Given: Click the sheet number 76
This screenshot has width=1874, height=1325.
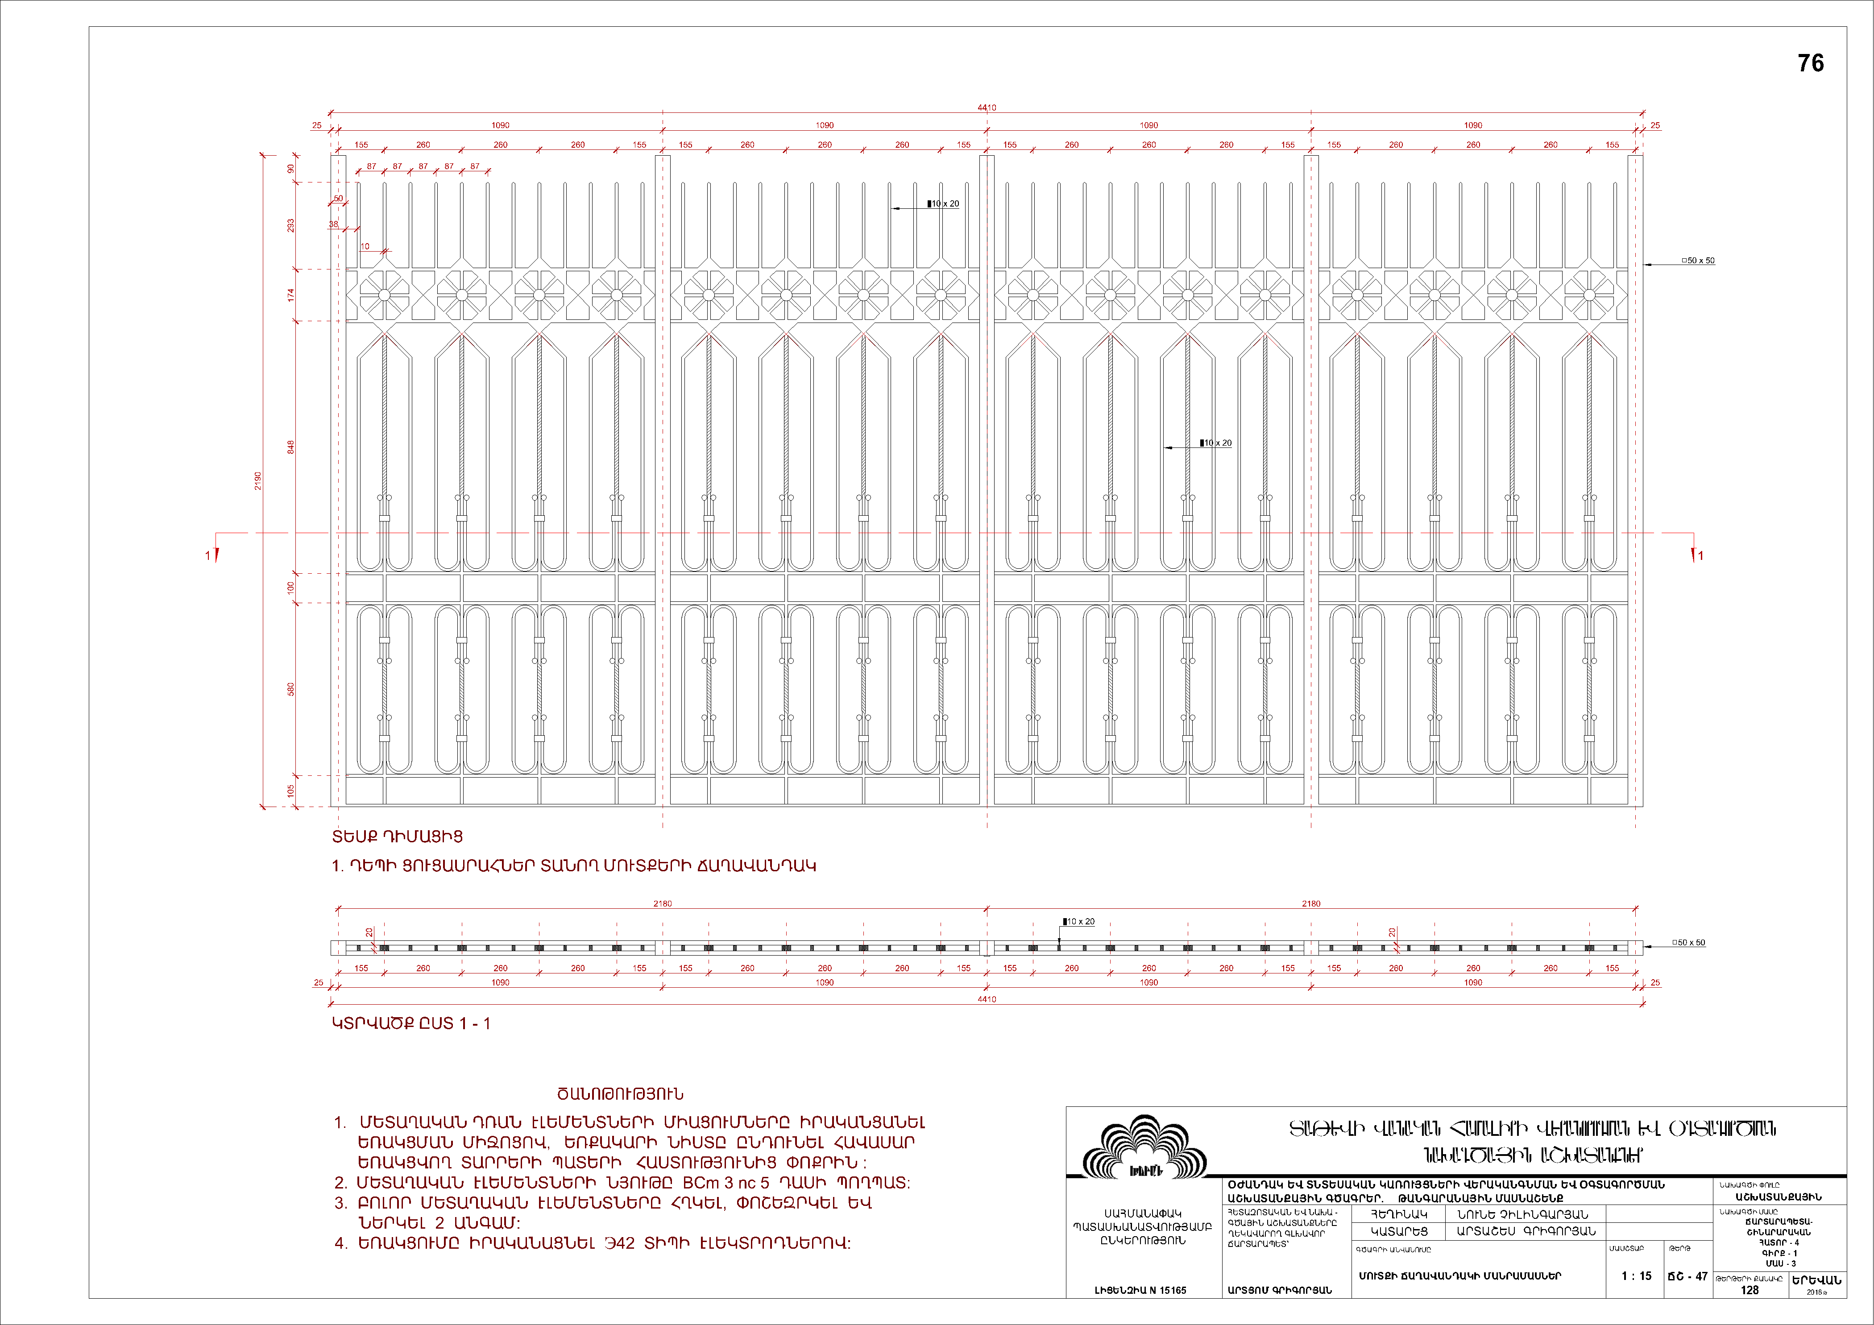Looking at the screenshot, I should [x=1810, y=64].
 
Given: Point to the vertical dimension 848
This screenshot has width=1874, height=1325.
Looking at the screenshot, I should [x=290, y=447].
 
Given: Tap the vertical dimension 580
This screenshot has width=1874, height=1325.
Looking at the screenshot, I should [x=290, y=689].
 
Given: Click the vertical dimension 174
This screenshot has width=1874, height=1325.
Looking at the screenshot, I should [x=290, y=295].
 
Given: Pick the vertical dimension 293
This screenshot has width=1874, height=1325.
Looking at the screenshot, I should [x=290, y=225].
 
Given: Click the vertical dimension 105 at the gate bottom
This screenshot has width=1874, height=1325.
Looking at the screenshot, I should [x=290, y=791].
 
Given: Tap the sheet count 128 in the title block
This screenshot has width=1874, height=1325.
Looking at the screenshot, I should [x=1749, y=1290].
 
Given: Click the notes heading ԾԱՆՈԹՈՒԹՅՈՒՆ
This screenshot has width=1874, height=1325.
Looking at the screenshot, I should [x=620, y=1094].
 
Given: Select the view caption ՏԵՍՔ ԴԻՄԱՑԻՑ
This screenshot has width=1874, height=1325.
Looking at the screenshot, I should [x=398, y=836].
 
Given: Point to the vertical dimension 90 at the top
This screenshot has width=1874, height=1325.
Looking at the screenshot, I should [x=290, y=169].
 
